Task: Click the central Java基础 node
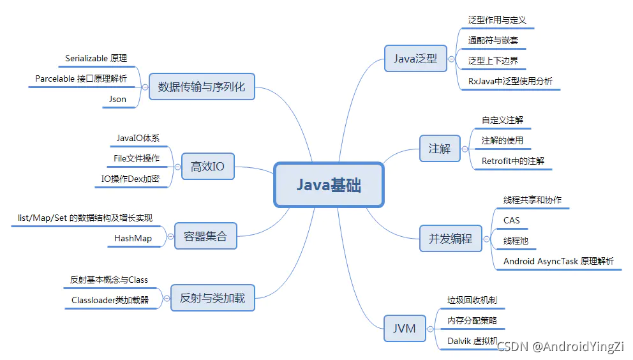(x=329, y=185)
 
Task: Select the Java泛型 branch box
(x=415, y=59)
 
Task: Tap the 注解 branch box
(x=439, y=149)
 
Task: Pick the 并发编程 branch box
(x=450, y=239)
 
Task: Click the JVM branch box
(x=404, y=329)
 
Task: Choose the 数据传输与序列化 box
(x=201, y=86)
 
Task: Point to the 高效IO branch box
(x=207, y=167)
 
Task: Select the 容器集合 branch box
(x=201, y=236)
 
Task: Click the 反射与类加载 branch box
(x=212, y=297)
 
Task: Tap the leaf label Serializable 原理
(x=96, y=58)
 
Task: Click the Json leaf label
(x=118, y=99)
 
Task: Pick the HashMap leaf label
(x=133, y=238)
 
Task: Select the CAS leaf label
(x=512, y=220)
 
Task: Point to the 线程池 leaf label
(x=516, y=241)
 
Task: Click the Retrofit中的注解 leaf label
(x=513, y=161)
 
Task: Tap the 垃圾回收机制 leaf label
(x=472, y=299)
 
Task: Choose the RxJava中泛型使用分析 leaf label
(x=510, y=81)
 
